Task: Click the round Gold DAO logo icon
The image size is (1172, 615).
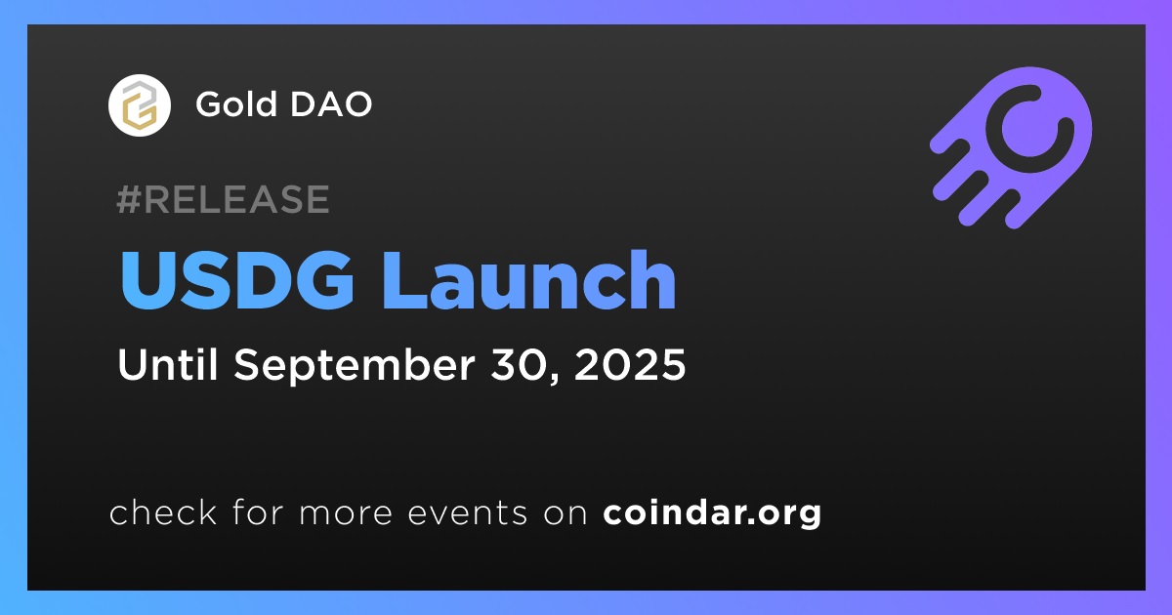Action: click(x=139, y=105)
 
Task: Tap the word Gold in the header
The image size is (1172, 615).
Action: click(x=236, y=103)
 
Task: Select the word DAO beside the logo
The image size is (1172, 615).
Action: click(x=331, y=103)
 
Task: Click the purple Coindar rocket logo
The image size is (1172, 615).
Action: click(x=1012, y=147)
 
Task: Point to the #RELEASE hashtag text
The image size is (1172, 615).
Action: click(x=223, y=199)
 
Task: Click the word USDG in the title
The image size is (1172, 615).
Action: click(x=237, y=280)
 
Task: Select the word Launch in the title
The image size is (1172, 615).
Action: click(x=529, y=280)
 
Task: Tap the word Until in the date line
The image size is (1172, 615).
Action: click(x=167, y=364)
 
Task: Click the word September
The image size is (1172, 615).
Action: click(x=355, y=366)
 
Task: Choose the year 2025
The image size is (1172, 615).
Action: click(x=629, y=364)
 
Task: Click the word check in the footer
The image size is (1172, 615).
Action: click(x=163, y=512)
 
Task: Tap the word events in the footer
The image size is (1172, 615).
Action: click(x=468, y=513)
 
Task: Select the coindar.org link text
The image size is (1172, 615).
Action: click(x=712, y=513)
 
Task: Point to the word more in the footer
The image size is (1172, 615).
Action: click(x=346, y=514)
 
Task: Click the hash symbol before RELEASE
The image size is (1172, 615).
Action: click(x=129, y=199)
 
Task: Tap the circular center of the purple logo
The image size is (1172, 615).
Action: click(x=1029, y=128)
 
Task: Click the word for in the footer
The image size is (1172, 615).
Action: click(x=258, y=512)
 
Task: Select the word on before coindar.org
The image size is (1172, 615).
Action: click(x=565, y=514)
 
